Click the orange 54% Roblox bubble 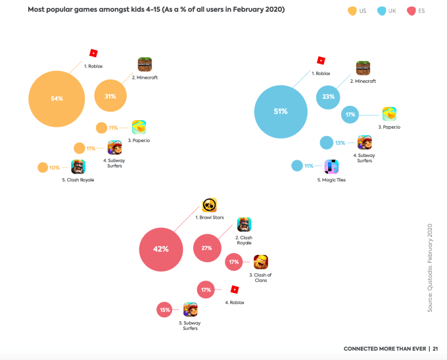57,99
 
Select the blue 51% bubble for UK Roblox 281,111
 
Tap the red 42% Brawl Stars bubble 161,249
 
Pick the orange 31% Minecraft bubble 110,96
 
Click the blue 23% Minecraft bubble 328,96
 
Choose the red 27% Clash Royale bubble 206,248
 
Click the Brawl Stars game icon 210,205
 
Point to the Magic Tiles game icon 331,167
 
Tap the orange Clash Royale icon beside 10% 78,167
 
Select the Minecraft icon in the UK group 363,68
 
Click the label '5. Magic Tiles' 333,179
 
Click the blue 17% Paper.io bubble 350,114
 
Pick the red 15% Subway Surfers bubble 164,309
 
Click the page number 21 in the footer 435,348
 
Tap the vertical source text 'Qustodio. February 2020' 431,269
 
